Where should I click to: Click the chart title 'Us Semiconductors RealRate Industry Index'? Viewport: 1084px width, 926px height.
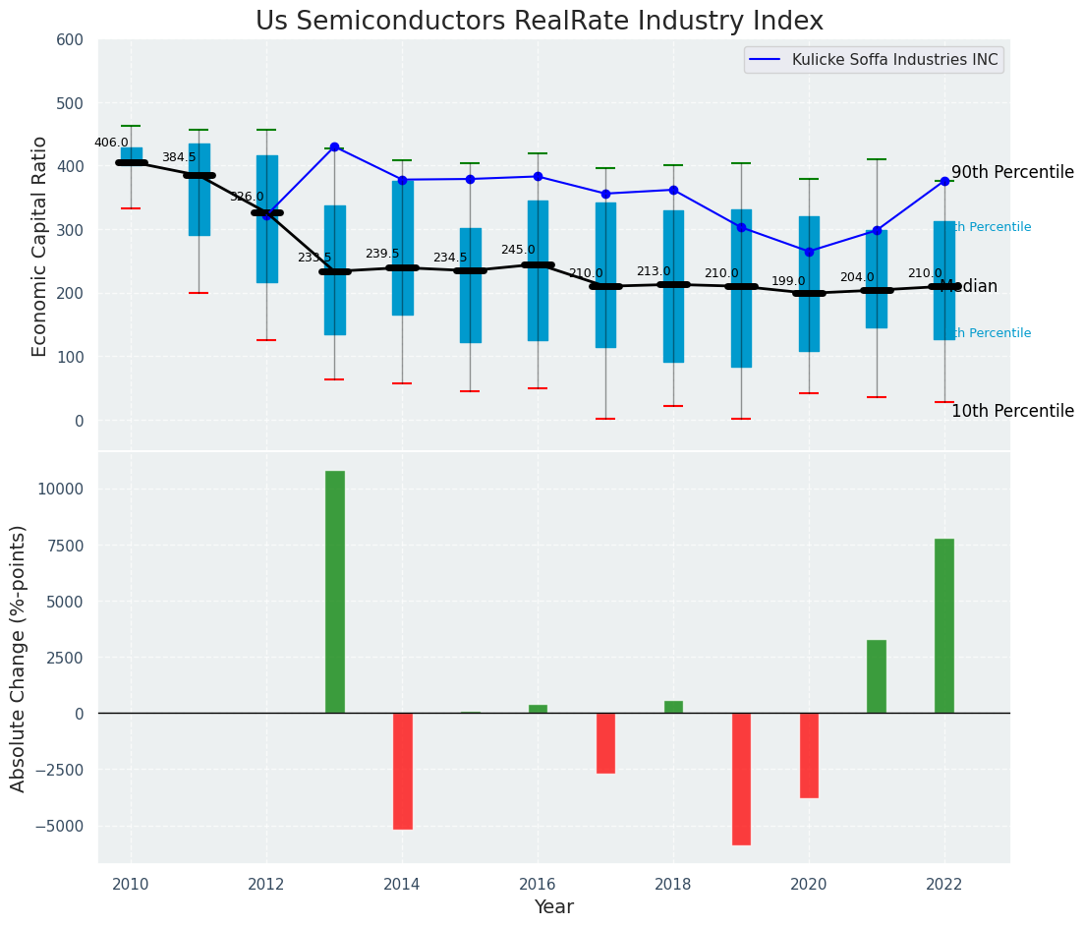point(540,22)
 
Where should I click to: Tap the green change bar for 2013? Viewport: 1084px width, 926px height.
point(335,592)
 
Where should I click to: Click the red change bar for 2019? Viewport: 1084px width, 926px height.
point(741,779)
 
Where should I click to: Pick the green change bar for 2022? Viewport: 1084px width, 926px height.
point(944,626)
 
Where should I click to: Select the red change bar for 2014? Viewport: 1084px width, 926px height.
point(403,771)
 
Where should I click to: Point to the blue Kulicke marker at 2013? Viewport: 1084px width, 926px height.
point(334,147)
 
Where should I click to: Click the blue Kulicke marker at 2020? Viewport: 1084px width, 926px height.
point(810,252)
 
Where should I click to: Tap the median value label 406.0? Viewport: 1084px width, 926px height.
point(111,144)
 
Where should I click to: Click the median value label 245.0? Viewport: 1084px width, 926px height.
point(518,251)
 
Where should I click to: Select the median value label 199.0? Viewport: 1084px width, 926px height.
point(788,282)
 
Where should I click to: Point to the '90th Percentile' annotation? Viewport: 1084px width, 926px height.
point(1012,173)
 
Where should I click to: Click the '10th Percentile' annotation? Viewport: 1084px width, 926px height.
point(1012,412)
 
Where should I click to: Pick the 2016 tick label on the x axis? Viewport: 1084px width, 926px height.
point(538,885)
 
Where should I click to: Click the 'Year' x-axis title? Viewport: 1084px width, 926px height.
point(554,907)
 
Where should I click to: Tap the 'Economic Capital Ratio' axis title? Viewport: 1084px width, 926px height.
point(40,246)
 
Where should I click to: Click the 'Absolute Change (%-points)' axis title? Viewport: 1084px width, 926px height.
point(19,658)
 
